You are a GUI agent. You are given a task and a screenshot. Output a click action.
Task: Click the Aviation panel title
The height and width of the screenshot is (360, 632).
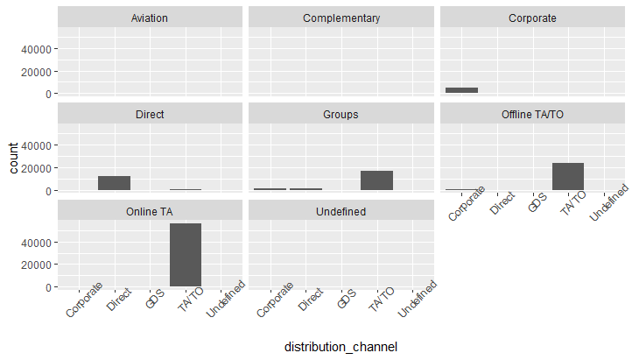(x=150, y=18)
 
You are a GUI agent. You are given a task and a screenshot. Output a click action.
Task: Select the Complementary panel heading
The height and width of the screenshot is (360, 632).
(x=341, y=18)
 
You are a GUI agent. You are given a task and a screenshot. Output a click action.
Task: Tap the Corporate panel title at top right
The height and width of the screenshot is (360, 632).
(x=531, y=18)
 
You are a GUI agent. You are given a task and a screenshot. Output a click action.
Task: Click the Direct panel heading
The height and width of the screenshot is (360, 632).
(x=150, y=114)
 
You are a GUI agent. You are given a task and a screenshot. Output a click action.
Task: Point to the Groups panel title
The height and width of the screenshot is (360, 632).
(x=341, y=114)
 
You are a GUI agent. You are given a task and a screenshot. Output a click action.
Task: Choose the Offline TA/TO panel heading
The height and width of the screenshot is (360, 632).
(x=531, y=114)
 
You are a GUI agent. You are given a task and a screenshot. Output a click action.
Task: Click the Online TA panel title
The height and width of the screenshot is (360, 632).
(x=150, y=211)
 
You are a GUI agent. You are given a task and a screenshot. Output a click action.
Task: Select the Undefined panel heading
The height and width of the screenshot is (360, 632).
(x=341, y=211)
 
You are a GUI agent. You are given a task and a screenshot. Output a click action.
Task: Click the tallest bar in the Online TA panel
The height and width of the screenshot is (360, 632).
(x=186, y=255)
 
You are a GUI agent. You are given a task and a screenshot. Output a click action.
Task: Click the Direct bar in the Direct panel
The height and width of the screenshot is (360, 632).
(x=114, y=183)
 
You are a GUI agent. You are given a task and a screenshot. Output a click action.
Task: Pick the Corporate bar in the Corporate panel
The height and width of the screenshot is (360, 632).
(x=461, y=90)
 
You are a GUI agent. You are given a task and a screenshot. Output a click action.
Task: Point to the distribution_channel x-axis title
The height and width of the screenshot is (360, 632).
(x=341, y=348)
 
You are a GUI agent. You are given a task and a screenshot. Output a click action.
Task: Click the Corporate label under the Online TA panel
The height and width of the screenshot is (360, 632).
(x=84, y=300)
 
